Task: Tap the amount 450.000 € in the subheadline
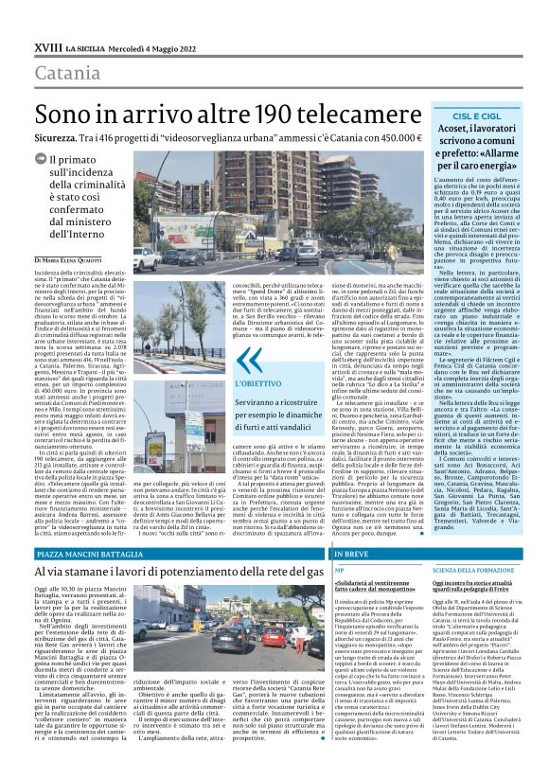pyautogui.click(x=396, y=137)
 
